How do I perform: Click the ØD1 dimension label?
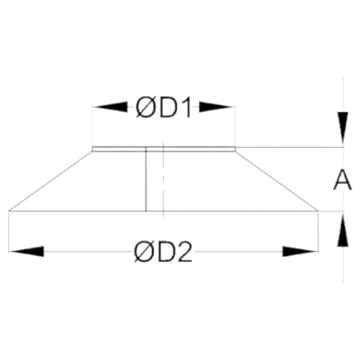pyautogui.click(x=164, y=107)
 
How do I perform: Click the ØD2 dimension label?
pyautogui.click(x=163, y=252)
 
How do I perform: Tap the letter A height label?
pyautogui.click(x=343, y=180)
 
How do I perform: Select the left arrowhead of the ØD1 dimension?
pyautogui.click(x=110, y=107)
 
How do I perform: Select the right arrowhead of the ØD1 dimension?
pyautogui.click(x=216, y=107)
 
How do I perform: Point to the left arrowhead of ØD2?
pyautogui.click(x=26, y=251)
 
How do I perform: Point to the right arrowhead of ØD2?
pyautogui.click(x=299, y=251)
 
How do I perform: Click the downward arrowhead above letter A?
pyautogui.click(x=343, y=128)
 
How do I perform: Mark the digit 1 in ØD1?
pyautogui.click(x=187, y=107)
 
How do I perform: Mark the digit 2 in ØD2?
pyautogui.click(x=185, y=251)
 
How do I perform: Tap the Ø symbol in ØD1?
pyautogui.click(x=145, y=107)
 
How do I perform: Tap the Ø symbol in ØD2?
pyautogui.click(x=143, y=252)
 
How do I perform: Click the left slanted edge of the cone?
pyautogui.click(x=50, y=181)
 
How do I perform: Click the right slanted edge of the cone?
pyautogui.click(x=277, y=181)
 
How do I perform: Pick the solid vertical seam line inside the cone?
pyautogui.click(x=146, y=179)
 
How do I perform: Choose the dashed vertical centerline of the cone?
pyautogui.click(x=163, y=179)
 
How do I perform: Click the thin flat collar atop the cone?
pyautogui.click(x=164, y=149)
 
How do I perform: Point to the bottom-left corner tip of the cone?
pyautogui.click(x=9, y=211)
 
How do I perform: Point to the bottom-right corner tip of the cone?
pyautogui.click(x=318, y=211)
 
